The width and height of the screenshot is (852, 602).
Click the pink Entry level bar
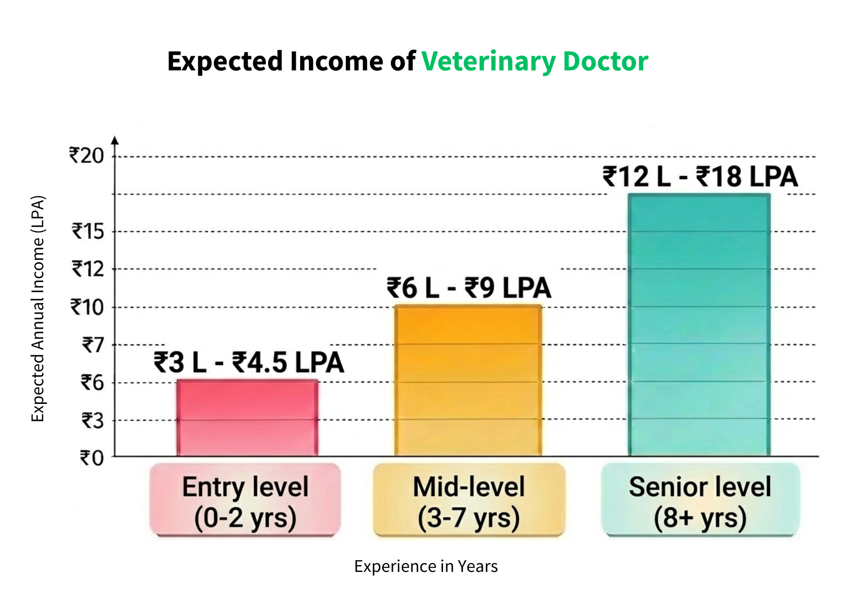click(x=247, y=418)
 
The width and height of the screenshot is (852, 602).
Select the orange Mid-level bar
click(x=468, y=381)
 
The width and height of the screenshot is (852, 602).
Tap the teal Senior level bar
click(x=699, y=325)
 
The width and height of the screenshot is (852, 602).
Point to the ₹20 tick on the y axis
click(x=86, y=156)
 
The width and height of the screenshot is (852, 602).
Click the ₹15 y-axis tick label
click(x=88, y=232)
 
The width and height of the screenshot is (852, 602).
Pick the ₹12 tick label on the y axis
click(x=88, y=269)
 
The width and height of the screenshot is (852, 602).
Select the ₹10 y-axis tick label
click(x=87, y=307)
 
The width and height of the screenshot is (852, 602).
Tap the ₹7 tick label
click(x=93, y=345)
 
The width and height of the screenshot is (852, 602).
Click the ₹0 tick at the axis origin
click(x=92, y=458)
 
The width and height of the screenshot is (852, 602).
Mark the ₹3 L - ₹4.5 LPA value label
click(x=249, y=363)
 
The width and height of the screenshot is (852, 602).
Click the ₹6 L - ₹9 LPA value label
click(x=469, y=288)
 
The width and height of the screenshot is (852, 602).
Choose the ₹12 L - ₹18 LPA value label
click(x=700, y=176)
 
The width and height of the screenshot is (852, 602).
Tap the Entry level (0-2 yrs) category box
click(x=245, y=500)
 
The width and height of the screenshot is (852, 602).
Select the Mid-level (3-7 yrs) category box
click(x=469, y=500)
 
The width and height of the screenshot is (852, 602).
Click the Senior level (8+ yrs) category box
click(x=700, y=500)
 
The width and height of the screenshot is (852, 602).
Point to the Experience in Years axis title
click(x=426, y=567)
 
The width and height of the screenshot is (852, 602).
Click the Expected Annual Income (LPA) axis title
click(x=38, y=309)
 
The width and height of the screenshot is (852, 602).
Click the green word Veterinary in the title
click(x=489, y=62)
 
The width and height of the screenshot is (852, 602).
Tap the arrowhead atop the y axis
click(x=115, y=140)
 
